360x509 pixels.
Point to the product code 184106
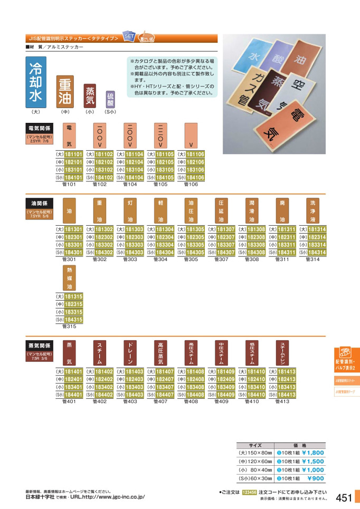point(195,178)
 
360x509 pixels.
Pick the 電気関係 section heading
point(40,128)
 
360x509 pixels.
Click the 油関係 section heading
point(40,203)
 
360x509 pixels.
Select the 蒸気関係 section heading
point(40,345)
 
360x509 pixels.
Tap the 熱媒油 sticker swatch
point(69,278)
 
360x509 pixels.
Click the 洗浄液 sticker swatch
point(314,210)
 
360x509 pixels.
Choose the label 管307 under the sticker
point(222,260)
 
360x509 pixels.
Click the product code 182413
point(287,379)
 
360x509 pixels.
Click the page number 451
point(344,497)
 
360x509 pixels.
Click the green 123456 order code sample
point(249,492)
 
